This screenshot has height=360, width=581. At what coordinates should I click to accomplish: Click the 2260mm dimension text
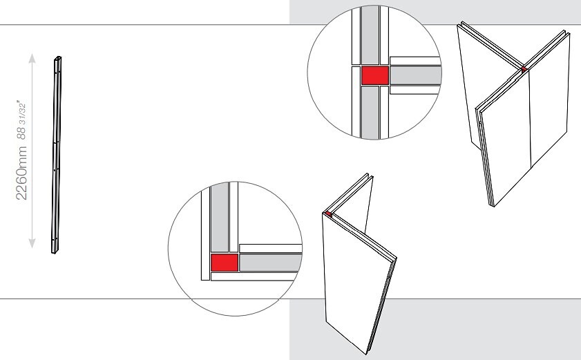pos(21,173)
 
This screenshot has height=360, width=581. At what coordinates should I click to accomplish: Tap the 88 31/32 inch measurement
pos(21,120)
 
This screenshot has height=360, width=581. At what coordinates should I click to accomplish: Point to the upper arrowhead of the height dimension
pos(32,58)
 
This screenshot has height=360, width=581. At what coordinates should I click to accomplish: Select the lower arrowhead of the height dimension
pos(32,243)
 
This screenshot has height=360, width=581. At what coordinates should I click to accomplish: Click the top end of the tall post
pos(58,58)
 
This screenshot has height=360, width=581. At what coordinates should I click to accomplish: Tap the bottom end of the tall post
pos(55,252)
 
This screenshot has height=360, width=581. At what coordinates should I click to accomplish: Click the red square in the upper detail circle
pos(375,75)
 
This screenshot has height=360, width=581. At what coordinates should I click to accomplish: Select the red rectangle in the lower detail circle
pos(224,263)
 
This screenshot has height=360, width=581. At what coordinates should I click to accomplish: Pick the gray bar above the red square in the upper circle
pos(370,35)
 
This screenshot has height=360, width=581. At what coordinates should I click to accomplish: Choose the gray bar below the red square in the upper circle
pos(370,113)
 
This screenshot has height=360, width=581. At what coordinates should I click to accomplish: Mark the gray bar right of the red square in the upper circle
pos(415,75)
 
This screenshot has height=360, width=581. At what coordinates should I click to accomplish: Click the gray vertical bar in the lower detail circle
pos(220,217)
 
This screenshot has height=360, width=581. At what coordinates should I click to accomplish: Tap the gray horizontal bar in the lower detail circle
pos(271,263)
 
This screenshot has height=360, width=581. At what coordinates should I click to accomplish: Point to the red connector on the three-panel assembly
pos(524,69)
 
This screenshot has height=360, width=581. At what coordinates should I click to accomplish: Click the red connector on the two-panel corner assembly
pos(328,214)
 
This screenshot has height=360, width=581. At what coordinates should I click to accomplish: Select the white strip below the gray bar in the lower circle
pos(254,276)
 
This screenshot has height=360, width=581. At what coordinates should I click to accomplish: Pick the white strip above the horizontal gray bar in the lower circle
pos(271,248)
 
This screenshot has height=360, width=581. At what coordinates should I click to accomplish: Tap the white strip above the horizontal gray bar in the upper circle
pos(415,61)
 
